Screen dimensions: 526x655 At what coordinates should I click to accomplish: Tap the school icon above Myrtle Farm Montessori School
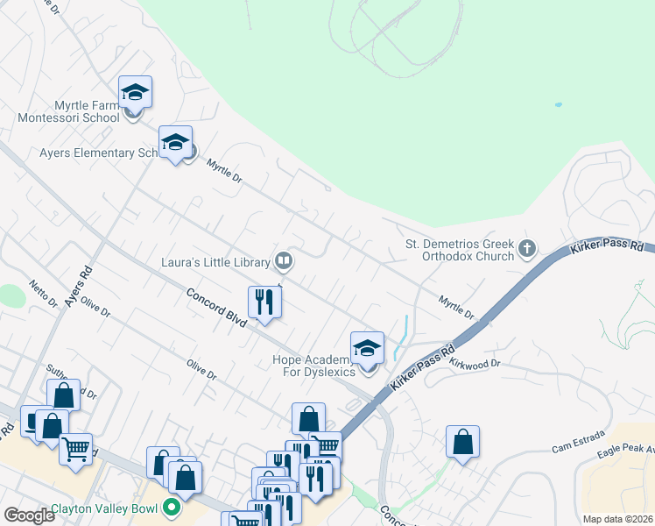135,91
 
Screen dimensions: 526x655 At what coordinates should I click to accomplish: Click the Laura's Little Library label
216,260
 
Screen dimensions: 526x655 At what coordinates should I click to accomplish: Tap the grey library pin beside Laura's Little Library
284,260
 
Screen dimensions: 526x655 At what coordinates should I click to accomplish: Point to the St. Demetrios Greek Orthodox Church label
459,250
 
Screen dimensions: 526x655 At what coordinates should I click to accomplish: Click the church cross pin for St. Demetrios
526,249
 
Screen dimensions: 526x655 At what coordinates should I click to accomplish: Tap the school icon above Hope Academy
368,348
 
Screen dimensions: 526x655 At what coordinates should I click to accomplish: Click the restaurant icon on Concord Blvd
264,302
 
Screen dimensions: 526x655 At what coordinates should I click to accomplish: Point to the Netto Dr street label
41,293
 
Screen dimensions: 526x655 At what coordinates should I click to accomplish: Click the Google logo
29,515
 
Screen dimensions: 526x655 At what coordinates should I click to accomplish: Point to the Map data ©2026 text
617,519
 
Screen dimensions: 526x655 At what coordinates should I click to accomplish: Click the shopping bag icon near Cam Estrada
462,442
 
